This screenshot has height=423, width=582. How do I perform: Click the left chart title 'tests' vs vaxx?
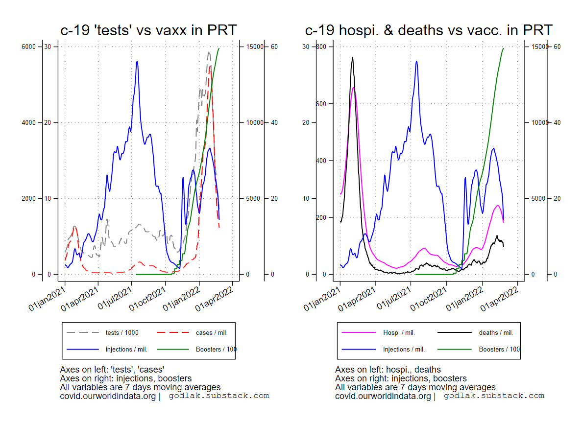(148, 30)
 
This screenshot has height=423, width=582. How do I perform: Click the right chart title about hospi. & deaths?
(429, 30)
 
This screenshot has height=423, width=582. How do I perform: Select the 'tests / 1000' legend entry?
(122, 333)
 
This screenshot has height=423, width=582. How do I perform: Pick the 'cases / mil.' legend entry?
(212, 333)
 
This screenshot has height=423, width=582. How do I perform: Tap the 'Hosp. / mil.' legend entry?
(399, 333)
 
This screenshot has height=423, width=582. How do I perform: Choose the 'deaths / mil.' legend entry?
(496, 333)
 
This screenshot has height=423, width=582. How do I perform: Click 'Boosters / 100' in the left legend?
(216, 350)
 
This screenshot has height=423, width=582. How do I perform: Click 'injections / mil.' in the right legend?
(404, 350)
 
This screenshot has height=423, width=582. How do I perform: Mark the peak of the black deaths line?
(352, 57)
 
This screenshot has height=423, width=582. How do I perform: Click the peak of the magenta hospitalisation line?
(353, 88)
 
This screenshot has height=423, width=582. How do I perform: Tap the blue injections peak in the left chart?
(137, 61)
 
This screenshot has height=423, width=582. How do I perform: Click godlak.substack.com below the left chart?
(219, 396)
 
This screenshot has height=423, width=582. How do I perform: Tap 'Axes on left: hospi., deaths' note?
(388, 370)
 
